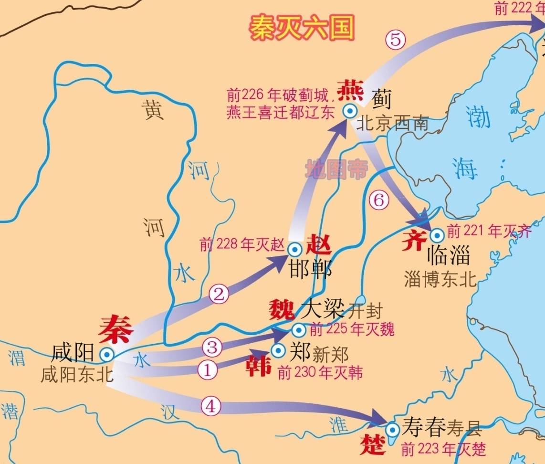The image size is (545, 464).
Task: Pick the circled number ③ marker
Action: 212,347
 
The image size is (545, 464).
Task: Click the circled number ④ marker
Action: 210,406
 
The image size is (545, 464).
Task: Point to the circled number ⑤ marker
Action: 395,40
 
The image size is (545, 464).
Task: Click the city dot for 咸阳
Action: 106,354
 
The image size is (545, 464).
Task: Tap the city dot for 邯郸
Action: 294,249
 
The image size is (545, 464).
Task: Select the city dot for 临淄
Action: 436,234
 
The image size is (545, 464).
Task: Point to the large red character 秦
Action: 115,328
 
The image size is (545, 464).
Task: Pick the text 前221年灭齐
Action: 490,232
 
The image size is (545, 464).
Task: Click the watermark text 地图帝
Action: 337,169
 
